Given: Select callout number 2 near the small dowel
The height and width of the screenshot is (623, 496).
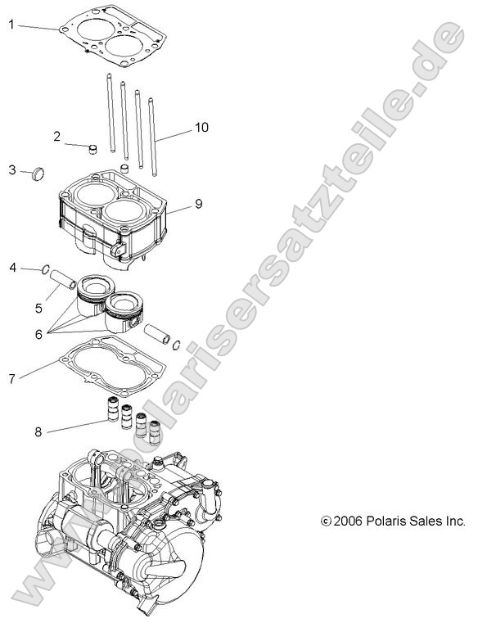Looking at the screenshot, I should (57, 136).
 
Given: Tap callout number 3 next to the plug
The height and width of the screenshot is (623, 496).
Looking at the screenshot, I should (12, 169).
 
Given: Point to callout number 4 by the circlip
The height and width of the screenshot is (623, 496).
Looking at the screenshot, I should (12, 268).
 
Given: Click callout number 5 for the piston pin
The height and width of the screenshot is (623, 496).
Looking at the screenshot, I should (38, 308).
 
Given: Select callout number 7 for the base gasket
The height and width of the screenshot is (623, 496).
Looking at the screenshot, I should (12, 379).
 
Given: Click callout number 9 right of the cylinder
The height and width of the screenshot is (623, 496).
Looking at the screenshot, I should (198, 203).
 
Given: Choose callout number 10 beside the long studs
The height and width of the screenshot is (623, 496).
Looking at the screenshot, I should (201, 128).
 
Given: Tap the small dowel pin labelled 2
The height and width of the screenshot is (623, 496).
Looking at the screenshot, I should (92, 149).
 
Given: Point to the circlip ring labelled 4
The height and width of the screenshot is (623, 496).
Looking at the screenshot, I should (48, 269).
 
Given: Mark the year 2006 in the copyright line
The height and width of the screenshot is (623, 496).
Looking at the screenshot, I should (348, 521).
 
